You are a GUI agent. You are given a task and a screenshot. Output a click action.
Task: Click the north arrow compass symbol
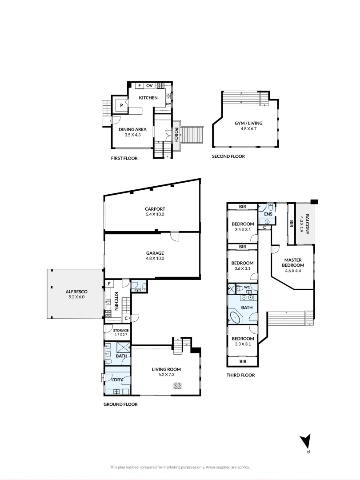point(305,442)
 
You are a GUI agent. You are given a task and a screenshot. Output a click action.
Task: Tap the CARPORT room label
point(155,209)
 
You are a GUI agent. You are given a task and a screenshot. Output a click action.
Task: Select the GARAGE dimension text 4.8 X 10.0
point(155,258)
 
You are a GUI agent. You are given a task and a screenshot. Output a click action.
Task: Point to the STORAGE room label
point(120,330)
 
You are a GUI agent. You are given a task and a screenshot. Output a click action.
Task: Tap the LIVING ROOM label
point(167,369)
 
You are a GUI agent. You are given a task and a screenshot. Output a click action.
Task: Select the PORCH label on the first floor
point(176,136)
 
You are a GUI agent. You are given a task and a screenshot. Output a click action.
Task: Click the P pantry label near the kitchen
point(121,105)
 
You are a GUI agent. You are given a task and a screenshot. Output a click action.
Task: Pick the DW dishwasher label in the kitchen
point(168,104)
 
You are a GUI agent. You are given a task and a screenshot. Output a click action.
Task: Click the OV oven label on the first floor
point(149,85)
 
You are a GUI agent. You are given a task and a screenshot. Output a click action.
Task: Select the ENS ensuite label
point(268,214)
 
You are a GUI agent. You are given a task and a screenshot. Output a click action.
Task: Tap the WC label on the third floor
point(247,287)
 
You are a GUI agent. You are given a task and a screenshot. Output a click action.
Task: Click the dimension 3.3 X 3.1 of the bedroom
point(242,344)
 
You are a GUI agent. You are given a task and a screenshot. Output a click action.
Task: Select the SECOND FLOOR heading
point(228,156)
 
